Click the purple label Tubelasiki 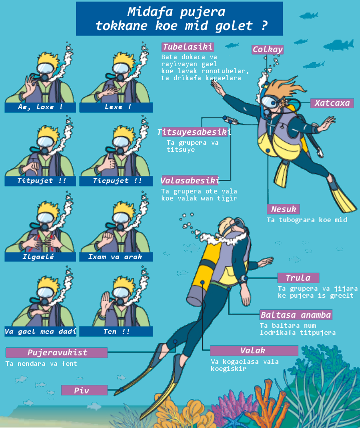[188, 47]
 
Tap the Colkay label [267, 50]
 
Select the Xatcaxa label [332, 103]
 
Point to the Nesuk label [283, 209]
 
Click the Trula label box [298, 278]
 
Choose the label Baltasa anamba [296, 315]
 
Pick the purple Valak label [254, 350]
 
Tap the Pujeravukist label [57, 352]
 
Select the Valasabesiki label [190, 180]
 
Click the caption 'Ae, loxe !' [41, 107]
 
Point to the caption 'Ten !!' [116, 331]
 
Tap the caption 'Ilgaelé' [41, 257]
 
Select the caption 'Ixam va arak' [116, 257]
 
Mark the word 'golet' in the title [234, 26]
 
